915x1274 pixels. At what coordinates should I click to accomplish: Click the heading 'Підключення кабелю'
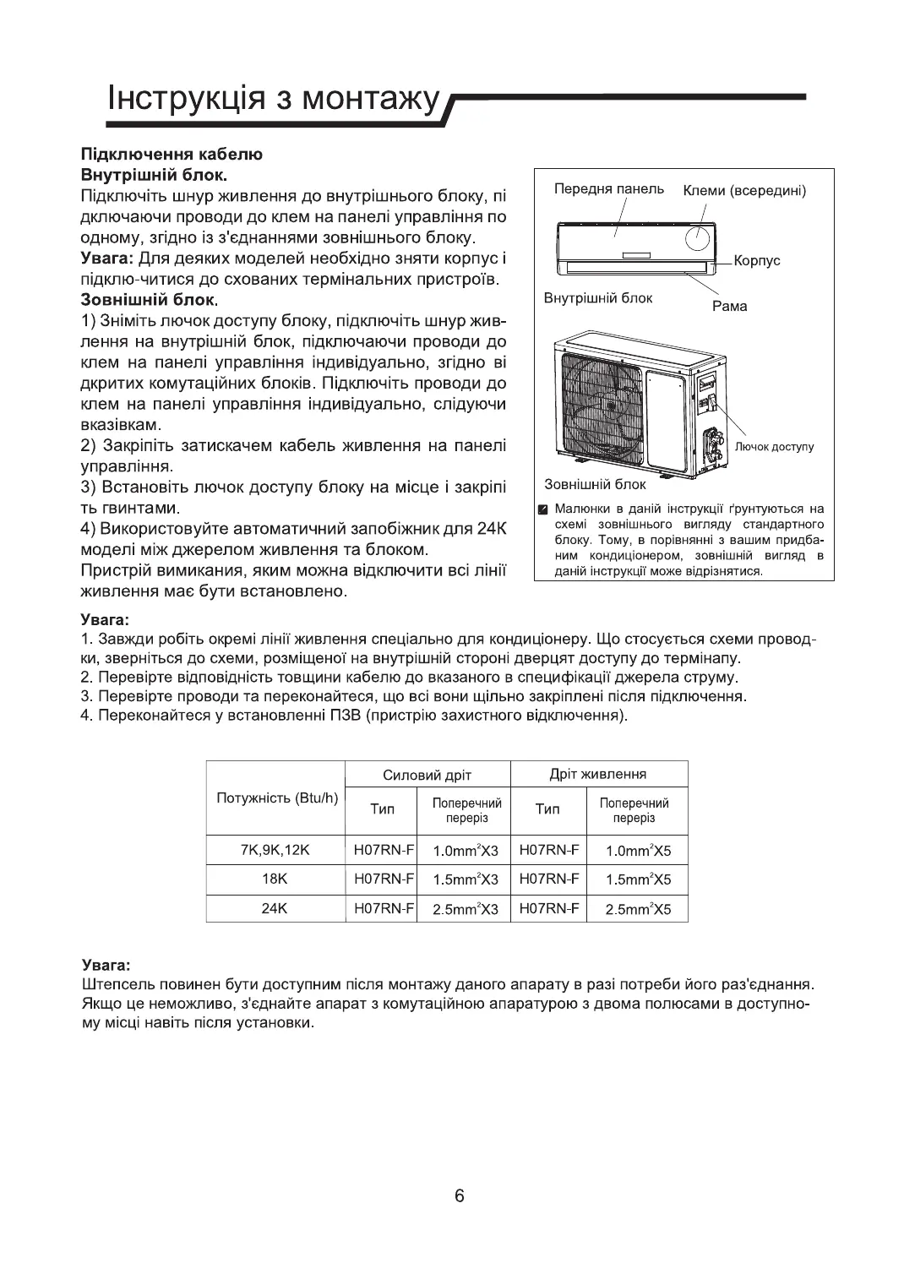click(172, 155)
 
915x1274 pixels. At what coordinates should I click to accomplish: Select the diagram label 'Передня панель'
click(609, 188)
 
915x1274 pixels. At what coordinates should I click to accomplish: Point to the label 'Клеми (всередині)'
click(743, 190)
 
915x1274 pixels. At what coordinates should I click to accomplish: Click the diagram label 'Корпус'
click(757, 260)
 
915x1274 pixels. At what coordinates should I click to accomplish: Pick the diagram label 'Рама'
click(730, 306)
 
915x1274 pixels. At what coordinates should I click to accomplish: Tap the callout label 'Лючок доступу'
click(775, 446)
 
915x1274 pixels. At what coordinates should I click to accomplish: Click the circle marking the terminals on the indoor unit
click(698, 239)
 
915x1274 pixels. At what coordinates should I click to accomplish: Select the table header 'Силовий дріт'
click(427, 775)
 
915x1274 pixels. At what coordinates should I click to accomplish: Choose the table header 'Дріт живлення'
click(597, 774)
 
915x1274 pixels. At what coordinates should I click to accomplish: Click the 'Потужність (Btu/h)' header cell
click(277, 798)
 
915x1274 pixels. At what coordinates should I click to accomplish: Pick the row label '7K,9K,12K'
click(275, 850)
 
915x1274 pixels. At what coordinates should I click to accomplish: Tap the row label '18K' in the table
click(275, 879)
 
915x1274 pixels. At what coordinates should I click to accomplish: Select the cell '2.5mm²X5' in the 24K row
click(638, 910)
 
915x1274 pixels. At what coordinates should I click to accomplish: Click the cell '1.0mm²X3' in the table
click(466, 851)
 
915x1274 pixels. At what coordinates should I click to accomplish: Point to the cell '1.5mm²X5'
click(638, 879)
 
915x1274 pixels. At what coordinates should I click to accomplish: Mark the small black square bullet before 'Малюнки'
click(544, 509)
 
